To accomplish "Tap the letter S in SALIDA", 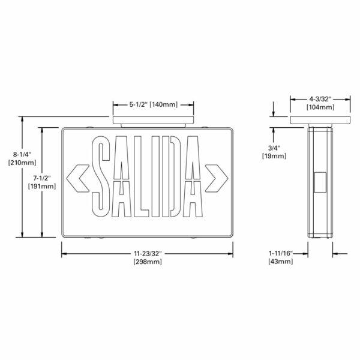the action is point(100,176).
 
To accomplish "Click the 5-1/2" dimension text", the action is point(138,104).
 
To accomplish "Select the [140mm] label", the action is point(164,104).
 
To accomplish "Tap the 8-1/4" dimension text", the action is point(22,154).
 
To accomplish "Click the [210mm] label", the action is point(22,163).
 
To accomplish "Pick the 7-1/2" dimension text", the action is point(42,178).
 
